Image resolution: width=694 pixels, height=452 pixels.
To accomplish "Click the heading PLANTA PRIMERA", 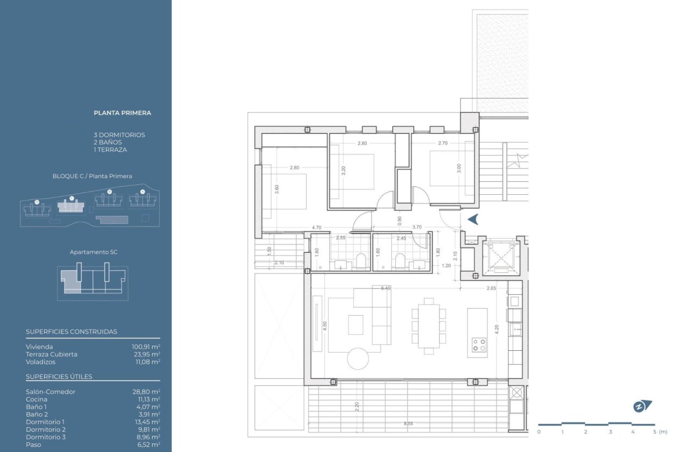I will [x=122, y=113].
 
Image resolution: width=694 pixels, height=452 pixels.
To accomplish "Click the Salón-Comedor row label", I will [x=51, y=392].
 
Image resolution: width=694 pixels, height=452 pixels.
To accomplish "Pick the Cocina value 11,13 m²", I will [x=147, y=399].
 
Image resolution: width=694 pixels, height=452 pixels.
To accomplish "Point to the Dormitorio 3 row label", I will [x=46, y=437].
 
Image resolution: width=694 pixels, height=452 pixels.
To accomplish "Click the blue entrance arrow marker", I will [x=473, y=219].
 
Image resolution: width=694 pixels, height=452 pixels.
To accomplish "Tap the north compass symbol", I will [x=642, y=406].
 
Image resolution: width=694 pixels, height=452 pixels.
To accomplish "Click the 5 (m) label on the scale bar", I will [x=659, y=432].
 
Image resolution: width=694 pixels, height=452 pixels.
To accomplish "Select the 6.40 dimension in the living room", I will [x=385, y=288].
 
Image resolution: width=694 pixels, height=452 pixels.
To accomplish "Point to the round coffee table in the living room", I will [x=358, y=359].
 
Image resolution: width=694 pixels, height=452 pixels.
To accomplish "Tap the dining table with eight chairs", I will [x=429, y=326].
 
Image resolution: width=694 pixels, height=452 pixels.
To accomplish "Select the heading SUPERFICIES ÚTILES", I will [x=59, y=377].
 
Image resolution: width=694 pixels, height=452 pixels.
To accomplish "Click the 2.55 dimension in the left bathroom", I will [x=341, y=238].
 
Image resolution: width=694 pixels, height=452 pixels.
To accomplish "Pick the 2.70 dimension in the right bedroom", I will [x=443, y=144].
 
